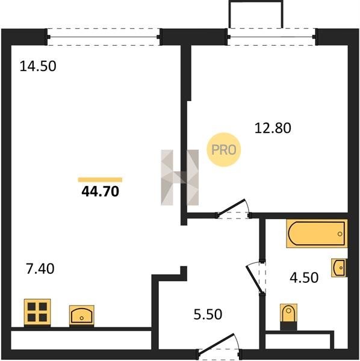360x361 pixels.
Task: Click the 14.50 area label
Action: (x=38, y=66)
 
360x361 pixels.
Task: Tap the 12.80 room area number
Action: (x=273, y=128)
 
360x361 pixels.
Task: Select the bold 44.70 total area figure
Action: (x=100, y=191)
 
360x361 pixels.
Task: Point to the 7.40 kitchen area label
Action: (x=40, y=269)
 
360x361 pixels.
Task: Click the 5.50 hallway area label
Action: (x=208, y=314)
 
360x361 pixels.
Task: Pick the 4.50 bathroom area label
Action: (x=304, y=277)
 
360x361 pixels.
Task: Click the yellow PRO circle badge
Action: (x=224, y=150)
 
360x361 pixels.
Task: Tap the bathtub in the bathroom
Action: (x=317, y=233)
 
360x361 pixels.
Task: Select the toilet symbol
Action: (x=288, y=317)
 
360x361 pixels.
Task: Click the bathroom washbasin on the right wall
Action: (x=339, y=268)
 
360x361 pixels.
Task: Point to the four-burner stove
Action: (x=37, y=313)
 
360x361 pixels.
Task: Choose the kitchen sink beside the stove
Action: (x=82, y=316)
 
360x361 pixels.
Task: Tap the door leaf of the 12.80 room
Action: (x=231, y=208)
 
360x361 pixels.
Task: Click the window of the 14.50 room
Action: (x=104, y=37)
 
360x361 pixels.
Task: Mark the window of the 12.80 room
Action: (x=272, y=37)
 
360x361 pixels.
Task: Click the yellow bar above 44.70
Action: (x=100, y=180)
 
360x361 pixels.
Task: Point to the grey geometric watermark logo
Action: (x=179, y=177)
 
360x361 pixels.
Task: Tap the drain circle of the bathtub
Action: (x=340, y=234)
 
